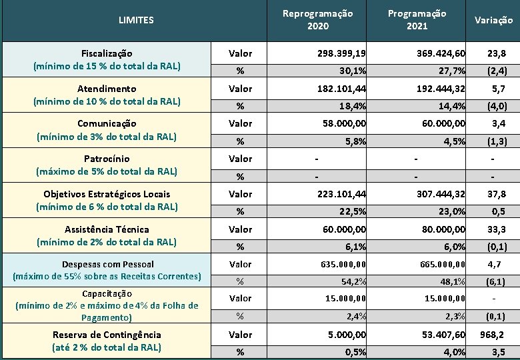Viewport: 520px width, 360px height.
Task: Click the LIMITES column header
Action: tap(136, 20)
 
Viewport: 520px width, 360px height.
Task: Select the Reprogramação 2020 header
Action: tap(318, 20)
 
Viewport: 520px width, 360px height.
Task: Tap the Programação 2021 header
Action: tap(417, 20)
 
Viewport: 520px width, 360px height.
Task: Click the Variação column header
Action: tap(493, 20)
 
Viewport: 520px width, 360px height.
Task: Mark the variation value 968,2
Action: tap(493, 335)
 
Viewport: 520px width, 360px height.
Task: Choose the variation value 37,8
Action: tap(496, 194)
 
